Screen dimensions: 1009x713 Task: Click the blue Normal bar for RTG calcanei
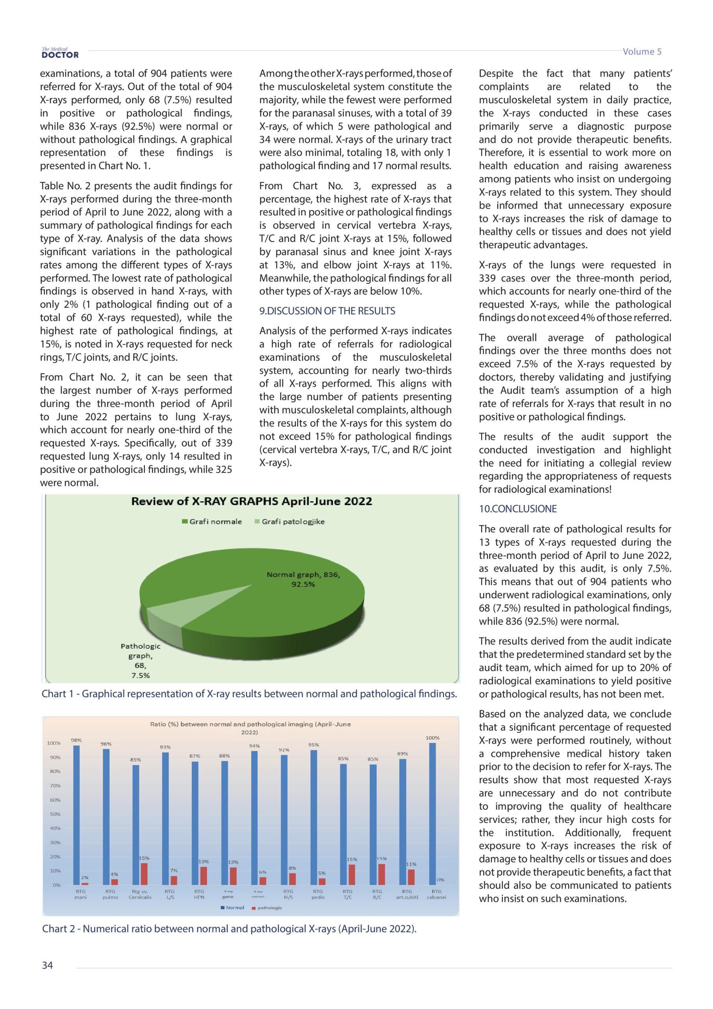[432, 814]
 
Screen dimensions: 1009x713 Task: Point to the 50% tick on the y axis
[55, 814]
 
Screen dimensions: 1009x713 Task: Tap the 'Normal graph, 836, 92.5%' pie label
[303, 579]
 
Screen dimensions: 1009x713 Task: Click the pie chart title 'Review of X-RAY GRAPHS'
[251, 501]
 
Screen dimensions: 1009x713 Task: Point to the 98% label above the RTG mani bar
[76, 740]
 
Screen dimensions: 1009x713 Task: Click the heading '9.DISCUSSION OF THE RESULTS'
[327, 311]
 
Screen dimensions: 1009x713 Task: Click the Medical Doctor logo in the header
[60, 53]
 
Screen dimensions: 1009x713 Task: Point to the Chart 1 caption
[249, 694]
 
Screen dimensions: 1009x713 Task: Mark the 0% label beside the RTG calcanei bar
[441, 880]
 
